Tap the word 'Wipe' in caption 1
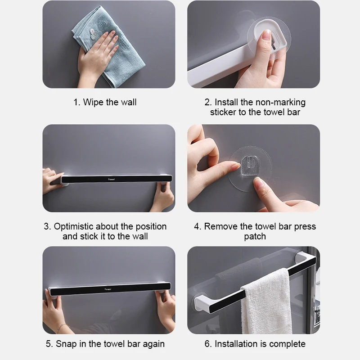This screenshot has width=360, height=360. [93, 103]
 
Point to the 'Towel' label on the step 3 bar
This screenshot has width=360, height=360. [111, 179]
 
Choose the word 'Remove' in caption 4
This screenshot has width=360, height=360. [221, 226]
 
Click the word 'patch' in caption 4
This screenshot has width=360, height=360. [255, 237]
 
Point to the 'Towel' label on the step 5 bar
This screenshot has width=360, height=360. [108, 289]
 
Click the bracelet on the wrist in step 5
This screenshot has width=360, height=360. [62, 327]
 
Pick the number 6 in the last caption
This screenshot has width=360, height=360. [207, 344]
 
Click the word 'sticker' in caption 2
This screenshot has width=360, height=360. [223, 112]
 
